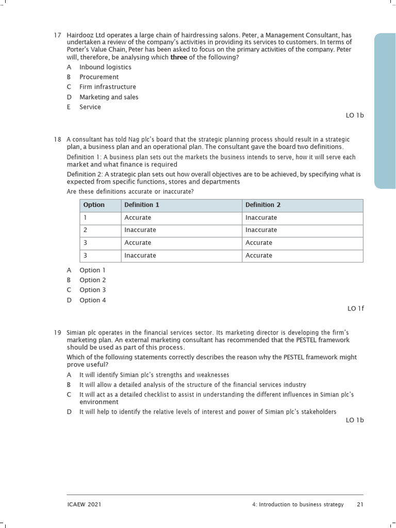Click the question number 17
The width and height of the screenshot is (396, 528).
click(x=57, y=35)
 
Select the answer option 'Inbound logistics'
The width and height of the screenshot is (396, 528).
click(x=105, y=67)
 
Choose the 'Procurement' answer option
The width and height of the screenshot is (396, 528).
click(x=99, y=77)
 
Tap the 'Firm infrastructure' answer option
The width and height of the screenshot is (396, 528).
click(x=108, y=87)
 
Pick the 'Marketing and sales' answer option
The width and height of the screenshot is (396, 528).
click(x=109, y=97)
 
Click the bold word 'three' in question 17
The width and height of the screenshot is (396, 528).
click(x=178, y=57)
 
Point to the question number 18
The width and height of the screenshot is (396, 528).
click(x=57, y=140)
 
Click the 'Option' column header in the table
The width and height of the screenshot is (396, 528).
click(x=94, y=205)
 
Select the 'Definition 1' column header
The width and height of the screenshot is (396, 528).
click(x=142, y=205)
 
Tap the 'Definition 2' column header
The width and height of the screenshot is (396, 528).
click(x=263, y=205)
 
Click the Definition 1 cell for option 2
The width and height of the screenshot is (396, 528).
click(x=140, y=230)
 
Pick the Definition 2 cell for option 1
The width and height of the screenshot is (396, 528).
click(x=261, y=218)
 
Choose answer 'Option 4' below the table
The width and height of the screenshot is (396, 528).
click(x=93, y=300)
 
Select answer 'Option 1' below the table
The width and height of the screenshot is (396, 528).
click(x=93, y=270)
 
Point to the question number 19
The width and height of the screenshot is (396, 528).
click(x=57, y=333)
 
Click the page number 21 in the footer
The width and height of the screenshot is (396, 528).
click(x=360, y=504)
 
